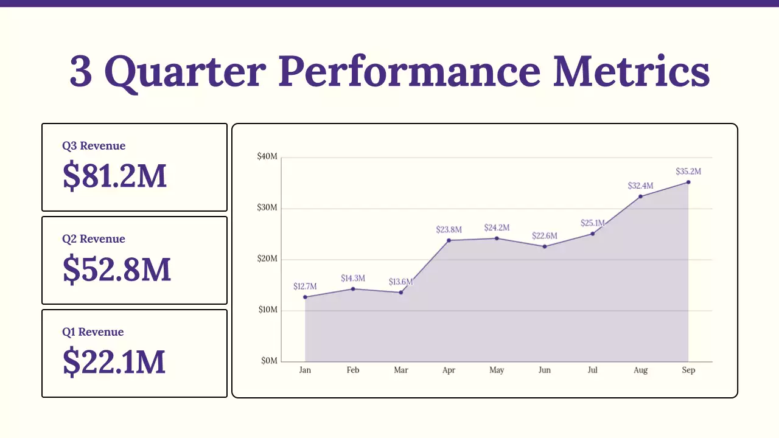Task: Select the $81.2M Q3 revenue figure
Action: tap(114, 175)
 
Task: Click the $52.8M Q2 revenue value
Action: tap(117, 269)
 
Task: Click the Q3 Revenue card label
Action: tap(94, 146)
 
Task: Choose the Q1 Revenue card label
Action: tap(93, 332)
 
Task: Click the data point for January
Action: tap(305, 297)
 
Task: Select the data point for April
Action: tap(449, 240)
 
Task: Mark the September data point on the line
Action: tap(688, 182)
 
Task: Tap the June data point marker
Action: tap(545, 246)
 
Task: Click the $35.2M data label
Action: tap(688, 172)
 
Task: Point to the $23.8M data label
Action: tap(449, 230)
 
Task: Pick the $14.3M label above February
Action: tap(353, 279)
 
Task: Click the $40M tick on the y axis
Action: tap(268, 157)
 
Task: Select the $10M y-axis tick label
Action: tap(268, 310)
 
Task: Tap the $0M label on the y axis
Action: tap(269, 361)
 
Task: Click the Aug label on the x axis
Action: tap(640, 370)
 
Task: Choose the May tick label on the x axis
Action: tap(497, 370)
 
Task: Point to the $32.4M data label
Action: tap(640, 186)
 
